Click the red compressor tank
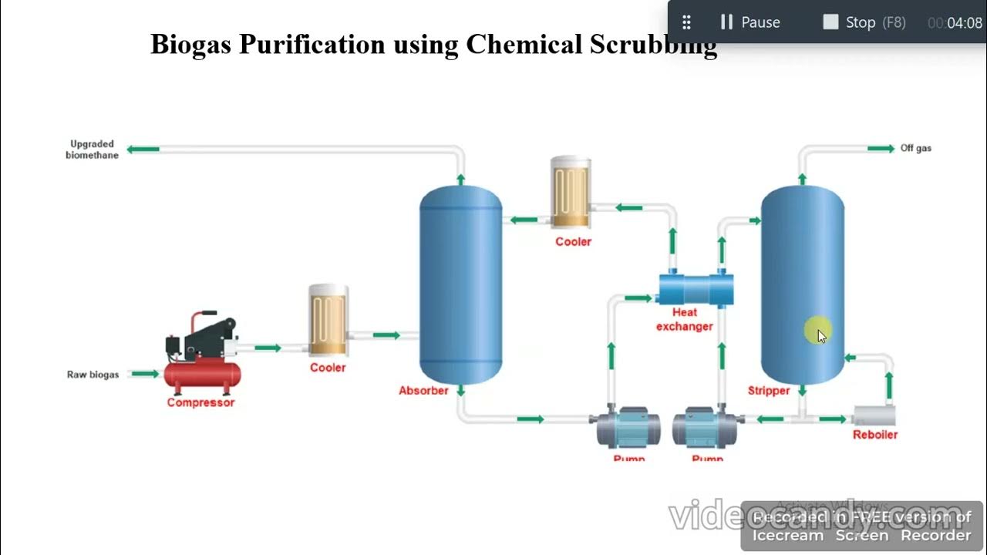click(202, 375)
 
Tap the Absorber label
click(423, 391)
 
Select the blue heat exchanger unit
click(696, 289)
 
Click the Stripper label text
click(769, 391)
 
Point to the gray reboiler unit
click(874, 416)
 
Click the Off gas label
click(916, 148)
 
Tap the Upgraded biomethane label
click(93, 150)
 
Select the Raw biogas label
click(93, 375)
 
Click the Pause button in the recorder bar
click(750, 22)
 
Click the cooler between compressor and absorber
click(328, 320)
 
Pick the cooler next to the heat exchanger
click(571, 193)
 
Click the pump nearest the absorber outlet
click(628, 428)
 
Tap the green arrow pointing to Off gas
click(881, 148)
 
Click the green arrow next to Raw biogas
click(145, 374)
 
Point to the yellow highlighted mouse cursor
click(817, 332)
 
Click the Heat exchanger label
click(685, 319)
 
